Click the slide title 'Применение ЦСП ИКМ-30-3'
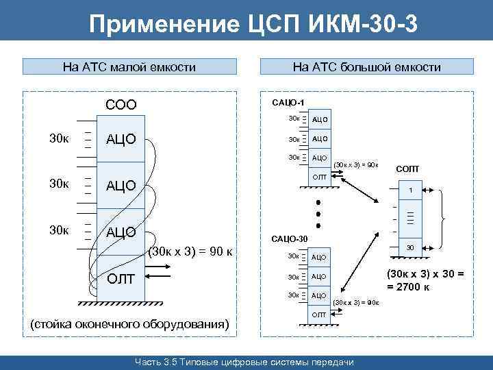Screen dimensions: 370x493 click(x=253, y=25)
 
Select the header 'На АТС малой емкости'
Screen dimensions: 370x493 click(x=129, y=67)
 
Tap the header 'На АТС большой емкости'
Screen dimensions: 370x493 click(x=366, y=67)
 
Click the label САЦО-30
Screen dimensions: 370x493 click(x=290, y=238)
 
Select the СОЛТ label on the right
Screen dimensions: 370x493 click(x=408, y=169)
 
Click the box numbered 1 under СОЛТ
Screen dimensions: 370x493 click(x=409, y=190)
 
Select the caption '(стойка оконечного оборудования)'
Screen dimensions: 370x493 click(x=129, y=323)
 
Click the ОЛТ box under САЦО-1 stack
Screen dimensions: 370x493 click(x=320, y=177)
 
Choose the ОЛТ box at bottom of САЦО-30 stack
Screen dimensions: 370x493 click(x=320, y=314)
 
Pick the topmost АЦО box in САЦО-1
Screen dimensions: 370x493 click(x=320, y=119)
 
